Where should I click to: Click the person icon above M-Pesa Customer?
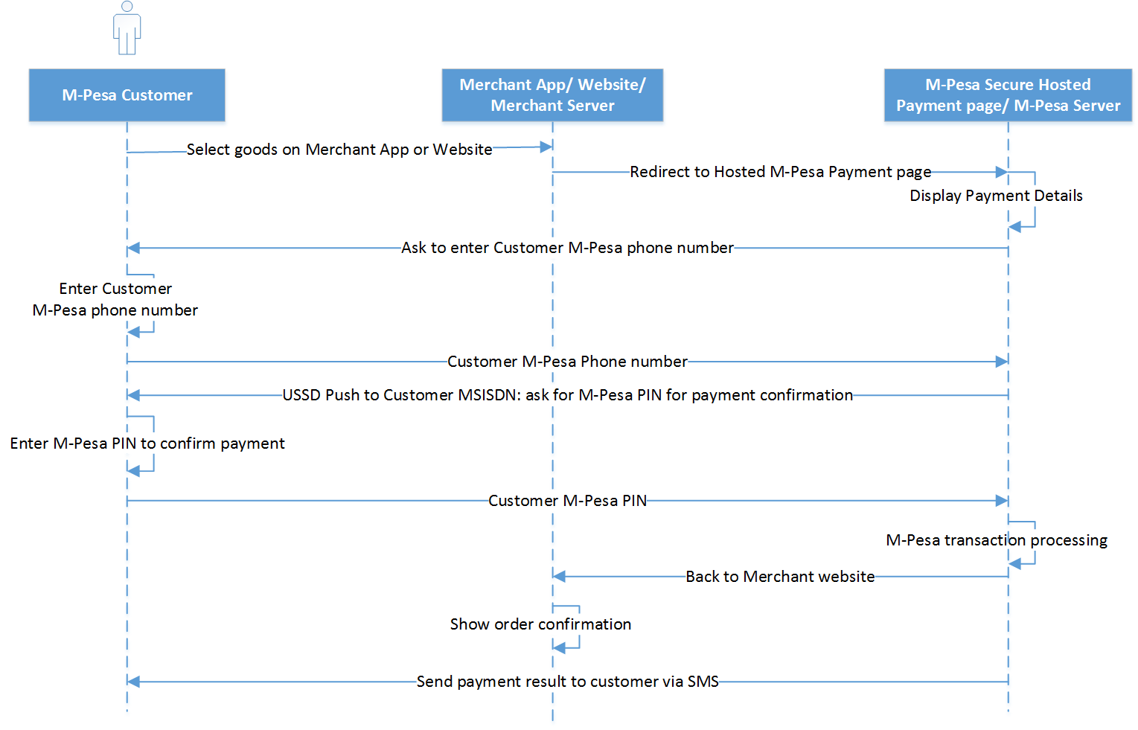point(127,28)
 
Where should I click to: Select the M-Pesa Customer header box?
point(127,95)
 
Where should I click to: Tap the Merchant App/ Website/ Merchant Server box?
point(552,95)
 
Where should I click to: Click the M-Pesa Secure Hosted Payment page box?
point(1008,95)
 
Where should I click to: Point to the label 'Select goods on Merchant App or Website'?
point(339,150)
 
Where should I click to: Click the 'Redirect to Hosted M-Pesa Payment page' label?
point(780,172)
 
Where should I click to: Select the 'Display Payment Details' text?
point(996,196)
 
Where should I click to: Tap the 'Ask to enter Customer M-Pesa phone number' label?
point(567,248)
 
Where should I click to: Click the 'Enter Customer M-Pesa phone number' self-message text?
point(115,299)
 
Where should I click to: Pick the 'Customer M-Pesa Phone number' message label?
point(567,362)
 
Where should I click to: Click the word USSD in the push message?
point(301,395)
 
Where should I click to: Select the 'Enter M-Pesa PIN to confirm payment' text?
point(147,444)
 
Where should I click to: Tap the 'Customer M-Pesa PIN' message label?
point(567,501)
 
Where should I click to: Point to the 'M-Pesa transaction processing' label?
point(996,540)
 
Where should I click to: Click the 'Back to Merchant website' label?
point(780,577)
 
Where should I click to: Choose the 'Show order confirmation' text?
point(540,624)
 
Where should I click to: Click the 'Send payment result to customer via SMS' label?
point(567,682)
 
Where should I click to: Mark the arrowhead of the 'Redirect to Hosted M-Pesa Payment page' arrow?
point(1002,172)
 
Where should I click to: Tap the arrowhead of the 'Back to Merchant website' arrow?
point(560,577)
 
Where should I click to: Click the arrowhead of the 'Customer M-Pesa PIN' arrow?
point(1002,501)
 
